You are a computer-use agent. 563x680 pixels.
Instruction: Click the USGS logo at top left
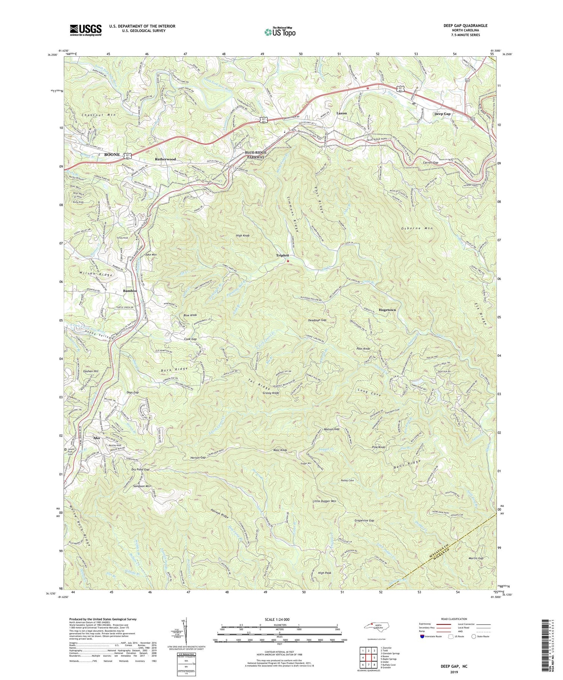tap(86, 30)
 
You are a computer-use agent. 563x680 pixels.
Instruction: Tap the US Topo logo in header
tap(280, 32)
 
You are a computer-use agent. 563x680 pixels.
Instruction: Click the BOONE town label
tap(112, 155)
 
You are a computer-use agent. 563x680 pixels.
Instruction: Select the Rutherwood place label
tap(165, 159)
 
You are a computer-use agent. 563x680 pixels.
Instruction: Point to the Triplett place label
tap(282, 255)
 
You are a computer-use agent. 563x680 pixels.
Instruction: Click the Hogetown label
tap(387, 310)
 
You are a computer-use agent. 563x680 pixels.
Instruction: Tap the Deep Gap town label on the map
tap(442, 114)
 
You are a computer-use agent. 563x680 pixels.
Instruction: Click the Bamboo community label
tap(130, 291)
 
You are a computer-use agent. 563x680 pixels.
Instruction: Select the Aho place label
tap(96, 438)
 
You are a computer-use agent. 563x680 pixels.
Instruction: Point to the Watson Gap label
tap(331, 429)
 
